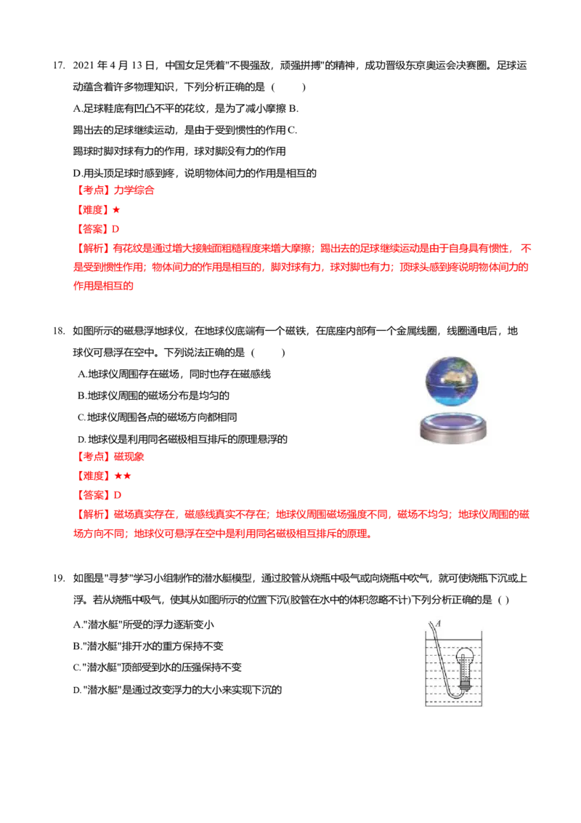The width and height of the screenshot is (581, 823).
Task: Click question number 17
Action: (59, 65)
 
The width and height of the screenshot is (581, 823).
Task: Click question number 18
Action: (59, 332)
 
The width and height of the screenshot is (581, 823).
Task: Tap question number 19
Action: (59, 579)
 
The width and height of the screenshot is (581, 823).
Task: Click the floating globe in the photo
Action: (452, 381)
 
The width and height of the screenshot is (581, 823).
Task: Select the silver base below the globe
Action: (454, 427)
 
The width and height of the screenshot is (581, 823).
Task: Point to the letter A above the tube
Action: (439, 624)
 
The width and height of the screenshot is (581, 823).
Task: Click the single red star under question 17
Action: (116, 210)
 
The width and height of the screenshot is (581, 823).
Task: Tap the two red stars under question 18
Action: (123, 476)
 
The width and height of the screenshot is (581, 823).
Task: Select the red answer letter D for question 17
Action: (116, 229)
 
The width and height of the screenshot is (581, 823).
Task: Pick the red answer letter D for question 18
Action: (118, 495)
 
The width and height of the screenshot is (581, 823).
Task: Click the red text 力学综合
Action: (134, 190)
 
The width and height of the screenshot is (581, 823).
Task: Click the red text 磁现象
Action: (129, 457)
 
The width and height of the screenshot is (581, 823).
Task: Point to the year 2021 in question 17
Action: (84, 65)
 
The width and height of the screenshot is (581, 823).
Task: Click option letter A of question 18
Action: (81, 374)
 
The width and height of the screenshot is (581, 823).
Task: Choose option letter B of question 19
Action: (76, 646)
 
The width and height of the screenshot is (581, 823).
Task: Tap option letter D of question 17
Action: (77, 173)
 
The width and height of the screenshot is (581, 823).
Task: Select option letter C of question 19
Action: (76, 667)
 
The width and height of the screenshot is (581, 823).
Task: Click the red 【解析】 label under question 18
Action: (94, 515)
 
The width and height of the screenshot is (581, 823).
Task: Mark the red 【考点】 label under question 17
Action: (94, 190)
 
